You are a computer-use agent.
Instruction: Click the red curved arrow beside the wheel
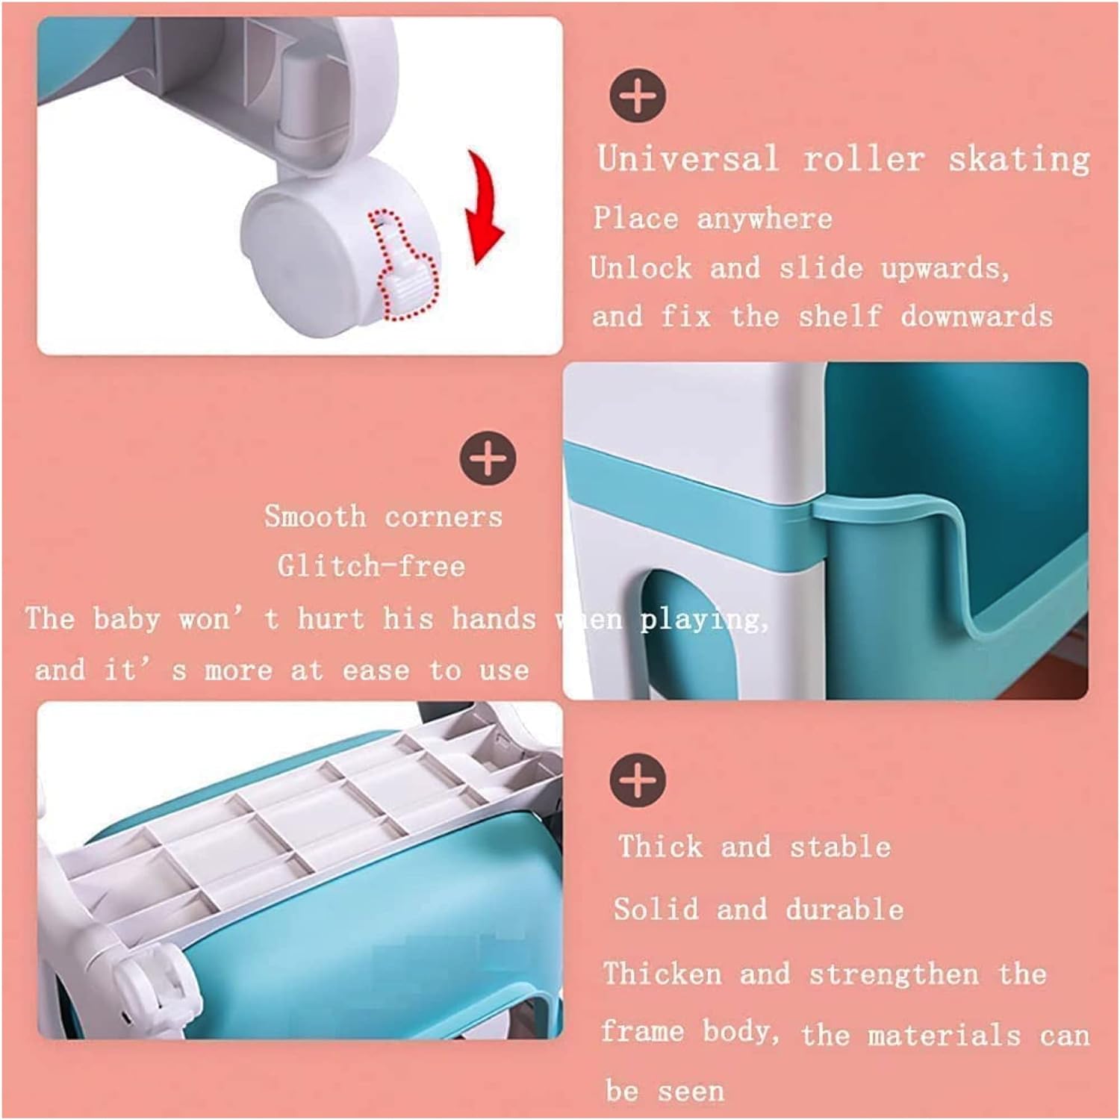[x=482, y=205]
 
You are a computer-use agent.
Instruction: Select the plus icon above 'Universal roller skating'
[x=638, y=96]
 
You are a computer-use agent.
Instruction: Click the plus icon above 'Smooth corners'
[x=488, y=457]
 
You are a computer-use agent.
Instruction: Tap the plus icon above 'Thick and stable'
[x=638, y=779]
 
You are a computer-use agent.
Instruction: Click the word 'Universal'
[x=688, y=159]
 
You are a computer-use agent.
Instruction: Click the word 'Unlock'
[x=641, y=267]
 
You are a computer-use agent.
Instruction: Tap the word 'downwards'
[x=977, y=317]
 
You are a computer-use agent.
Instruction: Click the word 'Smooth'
[x=315, y=516]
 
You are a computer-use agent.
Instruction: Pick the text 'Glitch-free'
[x=371, y=566]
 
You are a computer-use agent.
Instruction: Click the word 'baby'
[x=126, y=619]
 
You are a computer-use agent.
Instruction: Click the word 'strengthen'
[x=894, y=974]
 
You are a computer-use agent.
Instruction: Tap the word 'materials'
[x=944, y=1036]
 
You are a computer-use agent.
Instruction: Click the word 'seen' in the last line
[x=691, y=1092]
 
